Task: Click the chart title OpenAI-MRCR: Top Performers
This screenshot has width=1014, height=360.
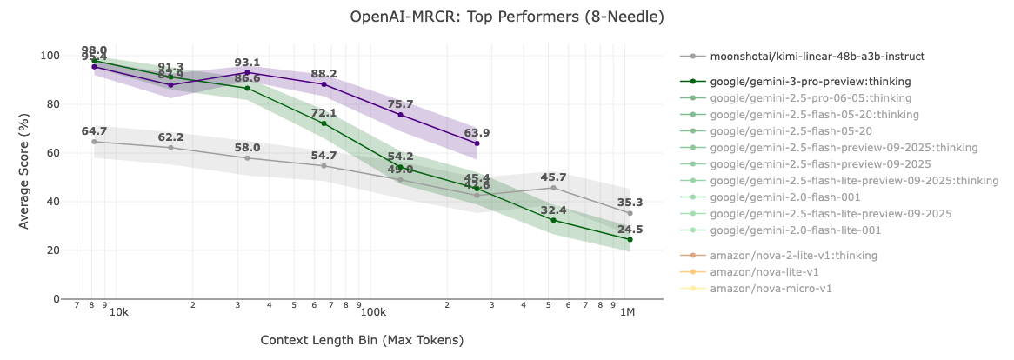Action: click(507, 17)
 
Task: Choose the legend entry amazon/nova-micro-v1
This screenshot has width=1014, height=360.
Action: click(771, 288)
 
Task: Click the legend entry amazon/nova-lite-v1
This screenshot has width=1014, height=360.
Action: click(764, 271)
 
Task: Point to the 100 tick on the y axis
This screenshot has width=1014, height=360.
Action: click(50, 56)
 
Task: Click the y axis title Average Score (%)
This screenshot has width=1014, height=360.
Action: click(24, 177)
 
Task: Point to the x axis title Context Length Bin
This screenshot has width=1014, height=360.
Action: click(362, 340)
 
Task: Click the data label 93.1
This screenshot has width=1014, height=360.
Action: click(248, 63)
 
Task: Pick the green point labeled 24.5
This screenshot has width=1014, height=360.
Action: click(630, 239)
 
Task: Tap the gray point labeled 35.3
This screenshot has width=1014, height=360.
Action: click(630, 213)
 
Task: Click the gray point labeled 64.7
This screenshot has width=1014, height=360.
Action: click(94, 142)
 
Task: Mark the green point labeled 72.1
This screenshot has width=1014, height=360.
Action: click(324, 123)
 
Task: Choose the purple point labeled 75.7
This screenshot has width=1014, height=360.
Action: click(400, 115)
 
